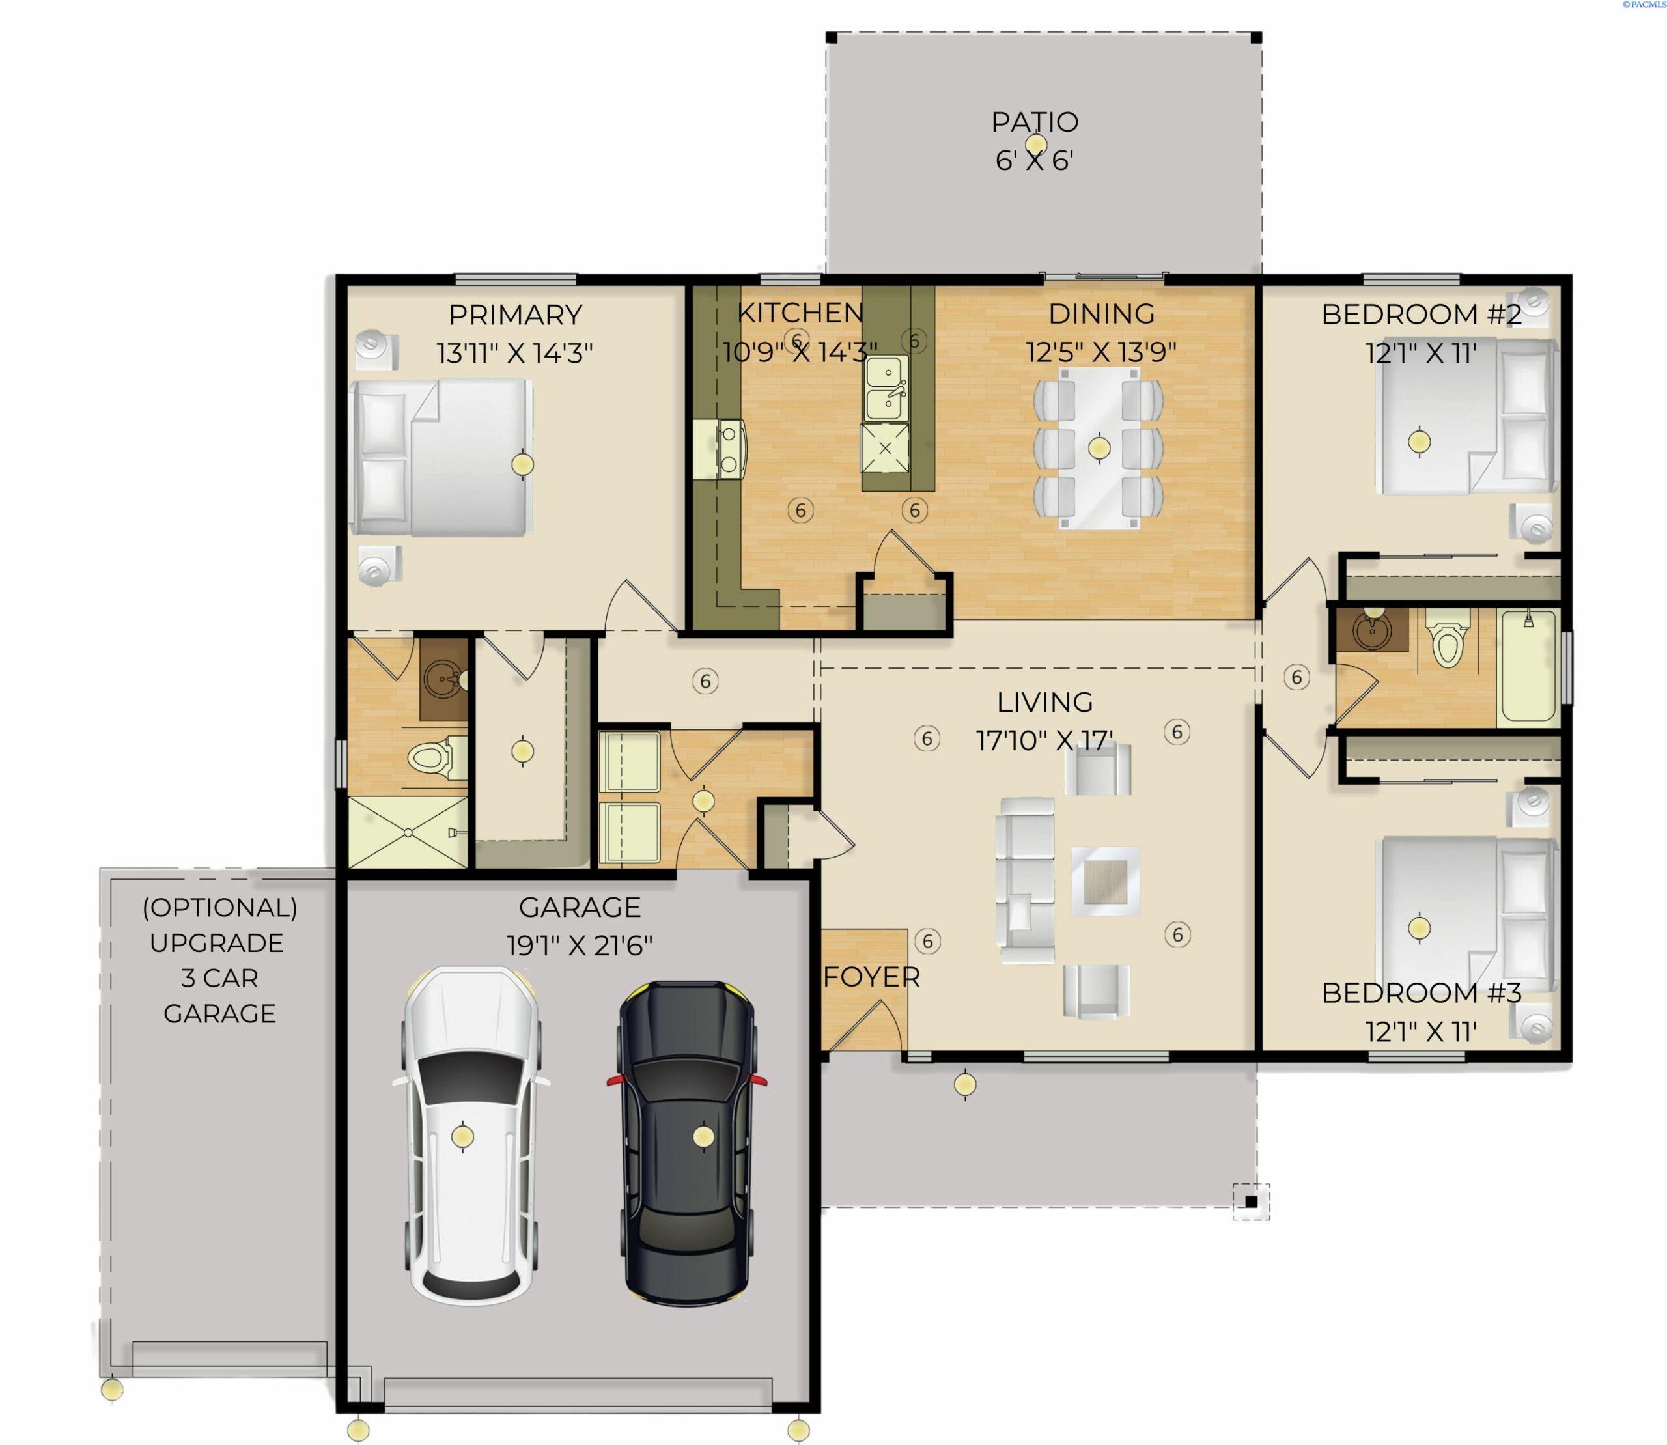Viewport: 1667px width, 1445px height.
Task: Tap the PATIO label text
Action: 1034,122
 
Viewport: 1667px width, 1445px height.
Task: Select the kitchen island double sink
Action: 886,388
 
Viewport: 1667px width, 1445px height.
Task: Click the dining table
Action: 1099,447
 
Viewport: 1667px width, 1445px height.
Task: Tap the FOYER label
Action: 871,977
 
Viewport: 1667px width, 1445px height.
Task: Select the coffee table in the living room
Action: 1105,881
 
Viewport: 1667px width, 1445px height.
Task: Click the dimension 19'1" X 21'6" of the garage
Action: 579,945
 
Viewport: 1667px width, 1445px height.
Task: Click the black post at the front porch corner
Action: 1250,1202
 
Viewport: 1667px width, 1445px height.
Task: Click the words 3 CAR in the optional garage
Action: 219,978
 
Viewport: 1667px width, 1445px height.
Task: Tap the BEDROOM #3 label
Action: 1421,992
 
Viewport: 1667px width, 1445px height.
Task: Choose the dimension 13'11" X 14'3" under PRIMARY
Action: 514,353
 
